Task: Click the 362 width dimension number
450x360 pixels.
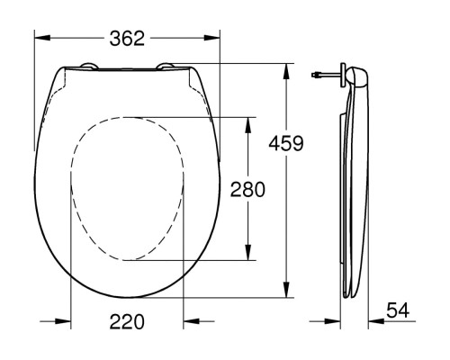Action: point(126,38)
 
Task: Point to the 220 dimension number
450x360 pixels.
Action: point(126,321)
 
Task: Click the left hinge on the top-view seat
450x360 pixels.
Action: point(91,65)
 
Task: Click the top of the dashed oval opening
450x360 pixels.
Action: point(126,117)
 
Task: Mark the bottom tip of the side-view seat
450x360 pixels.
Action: point(351,298)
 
